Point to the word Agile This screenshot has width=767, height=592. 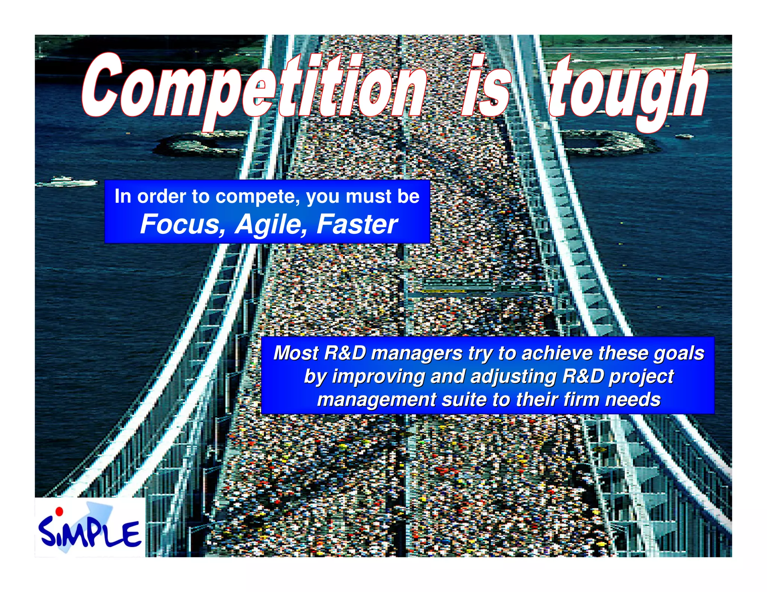[272, 225]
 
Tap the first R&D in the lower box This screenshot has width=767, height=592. [345, 353]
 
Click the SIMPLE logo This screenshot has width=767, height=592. [90, 530]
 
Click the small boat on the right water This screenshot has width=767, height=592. [685, 136]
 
